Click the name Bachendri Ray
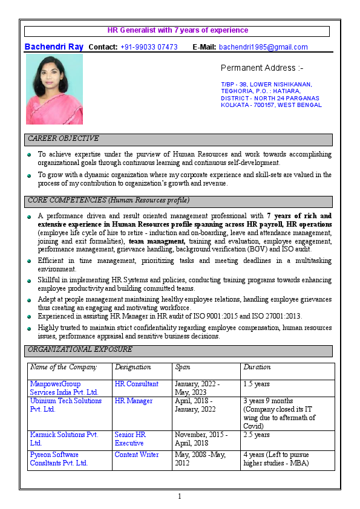(x=54, y=47)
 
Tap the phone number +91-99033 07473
(x=149, y=47)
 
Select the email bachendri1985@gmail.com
(x=263, y=47)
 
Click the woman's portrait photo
(x=54, y=89)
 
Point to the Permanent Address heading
(x=262, y=68)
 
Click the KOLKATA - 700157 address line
(x=271, y=105)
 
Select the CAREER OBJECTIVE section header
(x=64, y=139)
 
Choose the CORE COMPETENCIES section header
(x=109, y=200)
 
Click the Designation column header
(x=133, y=367)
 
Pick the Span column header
(x=182, y=367)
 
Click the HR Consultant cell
(x=137, y=384)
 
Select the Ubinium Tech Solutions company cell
(x=66, y=404)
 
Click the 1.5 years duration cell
(x=257, y=384)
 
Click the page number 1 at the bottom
(x=180, y=496)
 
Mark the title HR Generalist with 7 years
(x=178, y=30)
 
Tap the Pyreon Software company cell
(x=59, y=459)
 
